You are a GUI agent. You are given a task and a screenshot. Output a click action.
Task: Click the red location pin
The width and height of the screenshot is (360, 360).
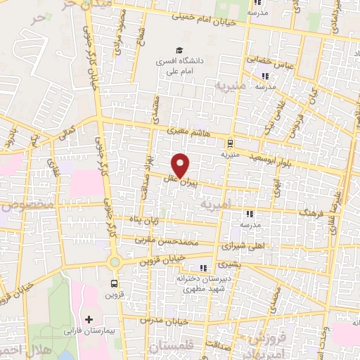(181, 165)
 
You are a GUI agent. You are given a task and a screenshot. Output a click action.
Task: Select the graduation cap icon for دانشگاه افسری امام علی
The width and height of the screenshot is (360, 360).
(179, 50)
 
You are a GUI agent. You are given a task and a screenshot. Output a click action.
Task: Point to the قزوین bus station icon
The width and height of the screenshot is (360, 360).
(114, 284)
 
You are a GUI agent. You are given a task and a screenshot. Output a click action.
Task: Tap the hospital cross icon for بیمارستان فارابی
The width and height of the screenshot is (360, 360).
(89, 319)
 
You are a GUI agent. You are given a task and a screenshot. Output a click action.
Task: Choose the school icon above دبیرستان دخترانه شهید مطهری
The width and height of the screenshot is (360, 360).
(203, 268)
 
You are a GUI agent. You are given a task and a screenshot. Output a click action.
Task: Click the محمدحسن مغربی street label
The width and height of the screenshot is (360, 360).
(162, 241)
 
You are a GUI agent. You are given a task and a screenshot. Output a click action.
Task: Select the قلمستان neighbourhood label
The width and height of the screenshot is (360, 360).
(172, 346)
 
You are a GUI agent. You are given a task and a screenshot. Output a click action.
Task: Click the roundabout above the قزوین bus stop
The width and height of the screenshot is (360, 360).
(114, 262)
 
